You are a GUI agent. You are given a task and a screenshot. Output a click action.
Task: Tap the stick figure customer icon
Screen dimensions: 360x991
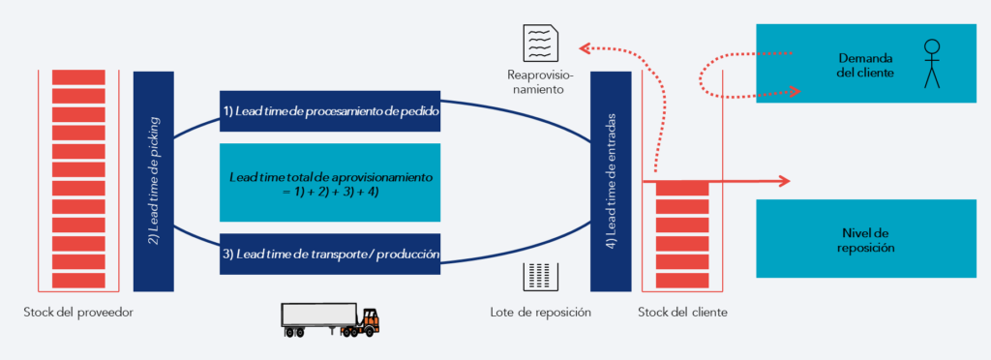[x=932, y=63]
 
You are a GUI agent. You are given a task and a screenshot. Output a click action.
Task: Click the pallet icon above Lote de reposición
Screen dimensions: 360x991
[x=540, y=277]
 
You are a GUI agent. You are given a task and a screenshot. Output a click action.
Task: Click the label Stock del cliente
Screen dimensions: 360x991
[x=683, y=313]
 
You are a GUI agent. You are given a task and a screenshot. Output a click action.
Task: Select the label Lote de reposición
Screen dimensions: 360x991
[x=540, y=313]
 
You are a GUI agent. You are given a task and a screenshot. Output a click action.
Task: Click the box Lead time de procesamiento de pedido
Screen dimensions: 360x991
[x=331, y=112]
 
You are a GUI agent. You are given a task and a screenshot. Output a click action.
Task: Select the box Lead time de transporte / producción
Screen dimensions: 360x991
[x=331, y=254]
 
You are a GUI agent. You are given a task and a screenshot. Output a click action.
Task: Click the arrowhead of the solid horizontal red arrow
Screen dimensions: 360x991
[x=785, y=181]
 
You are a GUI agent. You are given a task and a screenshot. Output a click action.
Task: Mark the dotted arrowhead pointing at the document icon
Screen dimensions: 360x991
[x=585, y=45]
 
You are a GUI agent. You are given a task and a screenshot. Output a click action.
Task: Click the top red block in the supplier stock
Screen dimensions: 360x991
[x=79, y=76]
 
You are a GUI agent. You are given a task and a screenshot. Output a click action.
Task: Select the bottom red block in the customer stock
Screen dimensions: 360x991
[x=683, y=279]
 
